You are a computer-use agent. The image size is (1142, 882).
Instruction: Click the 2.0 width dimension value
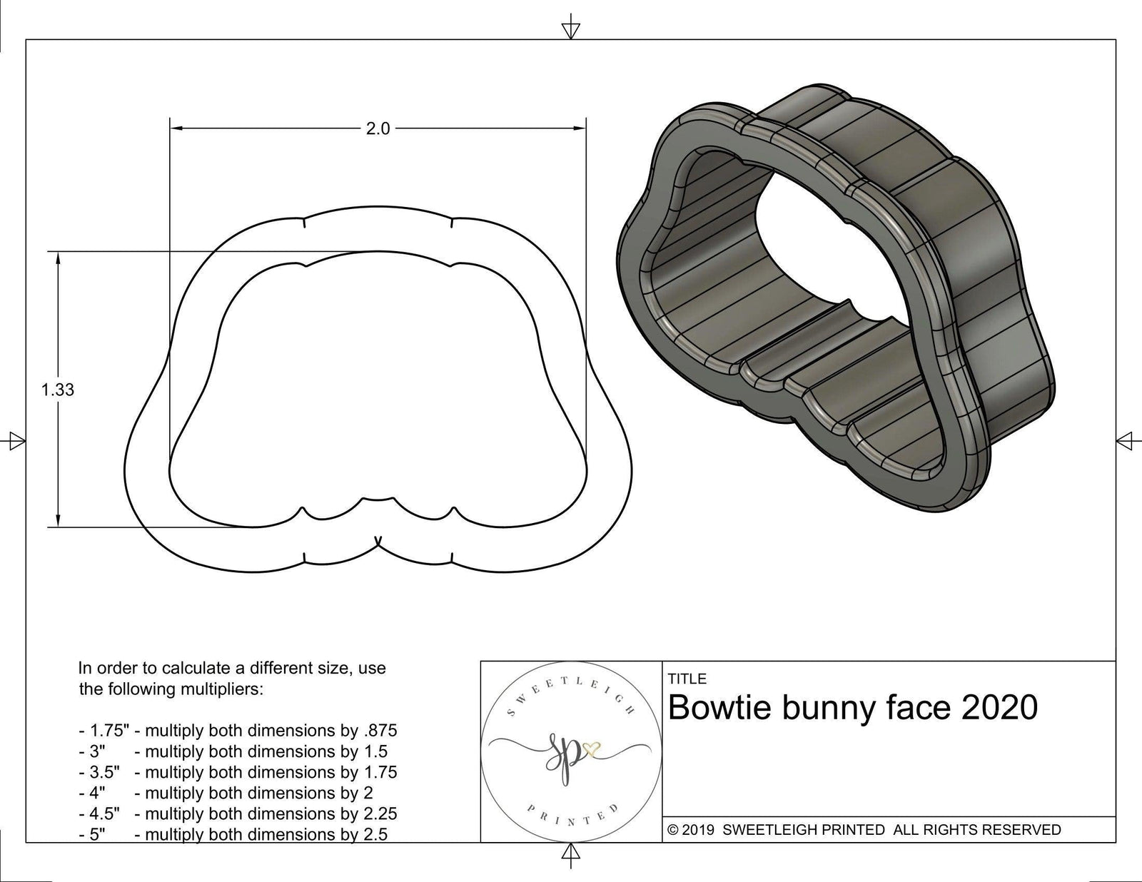pos(378,129)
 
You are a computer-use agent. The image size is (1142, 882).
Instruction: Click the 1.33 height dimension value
pos(58,390)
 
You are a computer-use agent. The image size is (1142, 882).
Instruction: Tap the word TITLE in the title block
pos(687,679)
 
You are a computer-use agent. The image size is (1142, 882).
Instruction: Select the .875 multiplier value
pos(380,731)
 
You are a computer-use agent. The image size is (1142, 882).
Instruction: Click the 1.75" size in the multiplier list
pos(104,731)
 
